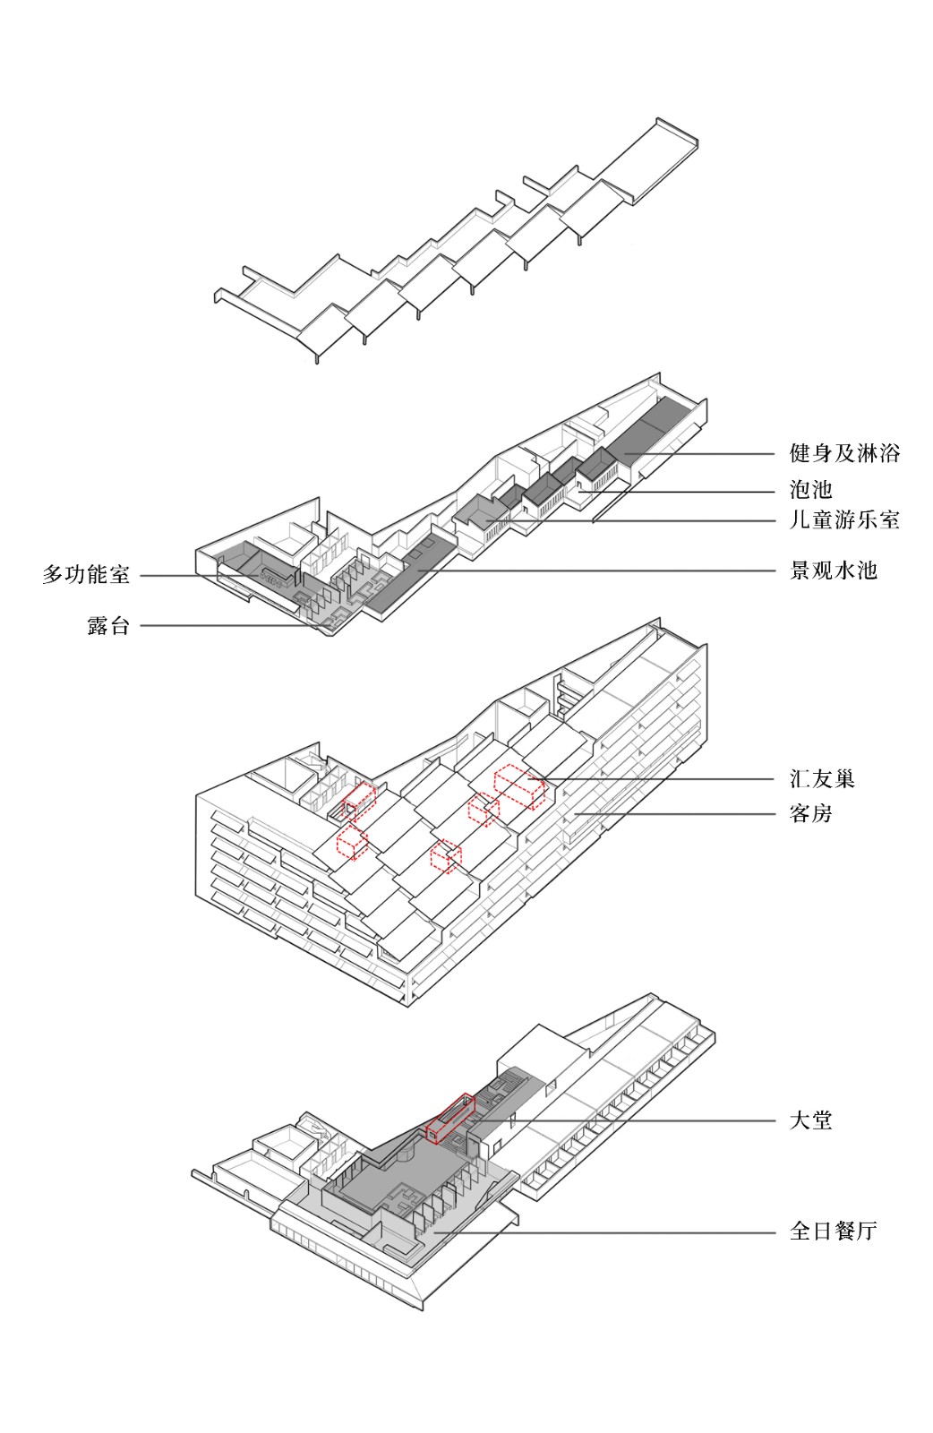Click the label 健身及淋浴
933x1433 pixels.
[843, 453]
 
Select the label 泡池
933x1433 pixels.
[810, 490]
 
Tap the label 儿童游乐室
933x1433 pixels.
[843, 520]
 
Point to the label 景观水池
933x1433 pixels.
[833, 571]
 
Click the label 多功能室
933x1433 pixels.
[86, 575]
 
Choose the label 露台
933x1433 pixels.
[108, 626]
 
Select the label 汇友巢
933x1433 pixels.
[821, 779]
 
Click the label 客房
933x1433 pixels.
[810, 814]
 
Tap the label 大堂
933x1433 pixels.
[810, 1120]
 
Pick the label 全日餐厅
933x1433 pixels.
[833, 1231]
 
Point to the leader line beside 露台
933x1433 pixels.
[224, 626]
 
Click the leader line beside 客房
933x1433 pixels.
[680, 814]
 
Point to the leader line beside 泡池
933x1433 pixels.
[680, 491]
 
